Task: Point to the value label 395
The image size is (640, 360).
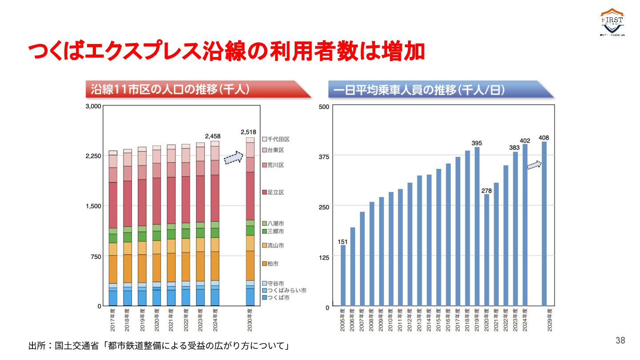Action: point(476,143)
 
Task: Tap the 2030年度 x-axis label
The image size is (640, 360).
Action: point(250,320)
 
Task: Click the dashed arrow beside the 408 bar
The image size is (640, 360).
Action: point(534,165)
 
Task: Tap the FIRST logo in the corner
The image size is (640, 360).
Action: point(612,22)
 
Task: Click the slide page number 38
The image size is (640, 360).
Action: point(620,340)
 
